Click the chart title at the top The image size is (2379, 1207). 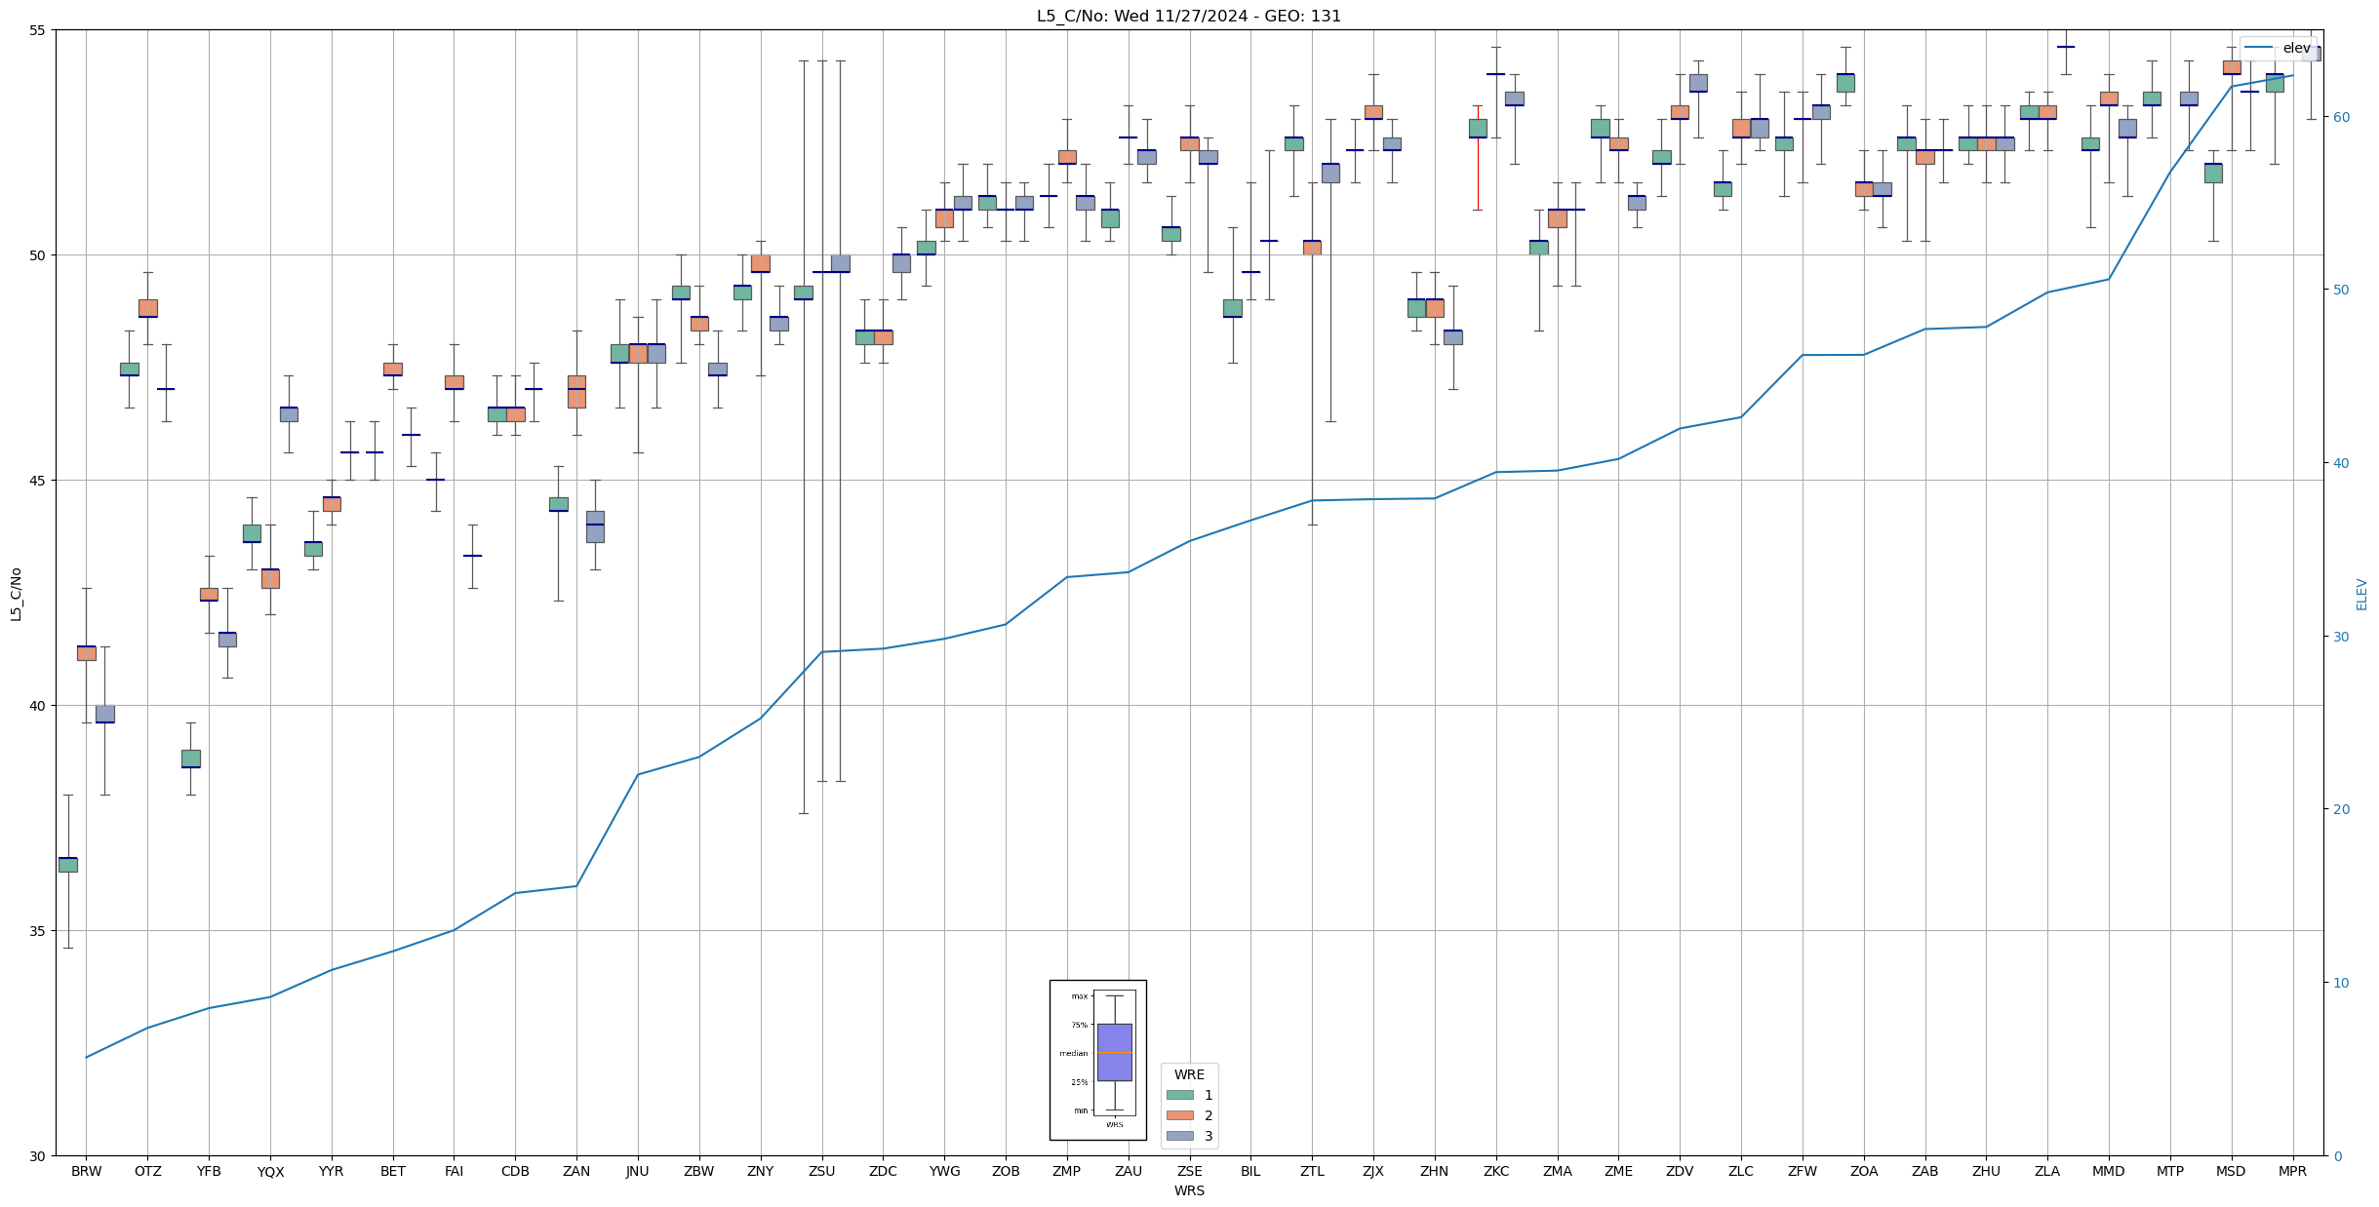point(1188,17)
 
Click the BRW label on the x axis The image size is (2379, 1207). point(86,1171)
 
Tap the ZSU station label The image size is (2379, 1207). point(821,1171)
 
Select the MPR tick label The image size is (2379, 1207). point(2292,1171)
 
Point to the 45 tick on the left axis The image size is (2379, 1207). point(38,481)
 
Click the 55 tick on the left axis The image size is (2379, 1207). point(38,30)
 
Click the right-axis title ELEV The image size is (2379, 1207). point(2361,594)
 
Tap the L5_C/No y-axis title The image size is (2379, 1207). point(16,594)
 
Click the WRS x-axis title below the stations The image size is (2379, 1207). point(1188,1190)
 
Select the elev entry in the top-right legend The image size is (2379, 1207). point(2296,48)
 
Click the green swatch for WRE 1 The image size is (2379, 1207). point(1179,1095)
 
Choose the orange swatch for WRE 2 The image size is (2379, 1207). point(1179,1115)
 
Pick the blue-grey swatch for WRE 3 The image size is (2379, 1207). point(1179,1136)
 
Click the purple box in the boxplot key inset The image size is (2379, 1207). point(1114,1052)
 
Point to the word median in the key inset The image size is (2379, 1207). point(1073,1053)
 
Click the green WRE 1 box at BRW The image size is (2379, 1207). point(67,865)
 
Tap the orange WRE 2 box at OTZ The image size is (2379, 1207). point(147,308)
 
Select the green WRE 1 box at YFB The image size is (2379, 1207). point(190,759)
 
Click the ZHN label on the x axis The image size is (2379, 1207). point(1434,1171)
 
